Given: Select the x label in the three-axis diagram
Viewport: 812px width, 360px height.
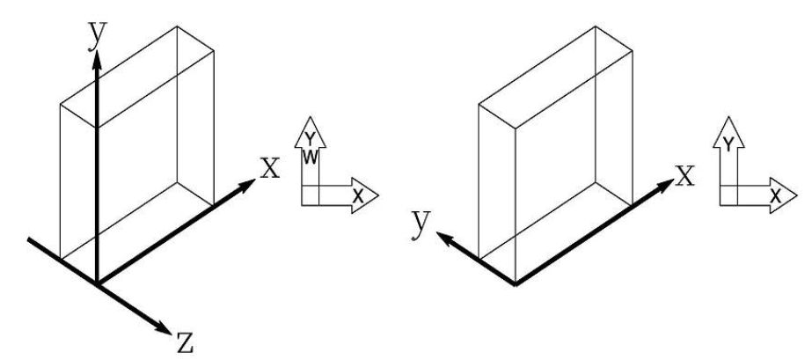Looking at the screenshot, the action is coord(269,165).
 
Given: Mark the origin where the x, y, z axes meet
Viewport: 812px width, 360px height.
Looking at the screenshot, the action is coord(98,284).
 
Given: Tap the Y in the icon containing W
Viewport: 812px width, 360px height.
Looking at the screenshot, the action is coord(310,139).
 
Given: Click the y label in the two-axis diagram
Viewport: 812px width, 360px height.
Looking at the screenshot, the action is coord(421,223).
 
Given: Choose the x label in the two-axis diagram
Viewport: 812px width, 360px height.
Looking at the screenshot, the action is coord(684,174).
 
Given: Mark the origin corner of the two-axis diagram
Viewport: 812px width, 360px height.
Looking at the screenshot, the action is coord(515,285).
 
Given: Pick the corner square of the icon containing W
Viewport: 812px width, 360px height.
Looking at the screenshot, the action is coord(310,195).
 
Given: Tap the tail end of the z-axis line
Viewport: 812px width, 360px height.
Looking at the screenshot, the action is coord(29,238).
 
